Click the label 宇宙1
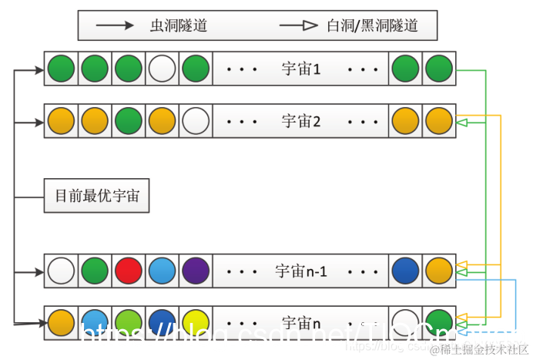[x=301, y=69]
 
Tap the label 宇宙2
[x=301, y=121]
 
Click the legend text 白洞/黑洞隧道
[x=372, y=25]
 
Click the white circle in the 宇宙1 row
[x=163, y=69]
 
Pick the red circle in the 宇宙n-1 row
[x=129, y=271]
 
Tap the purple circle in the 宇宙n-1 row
[x=196, y=271]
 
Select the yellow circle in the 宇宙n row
[x=196, y=320]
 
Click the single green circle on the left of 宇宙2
[x=129, y=121]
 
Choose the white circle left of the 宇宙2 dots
[x=196, y=121]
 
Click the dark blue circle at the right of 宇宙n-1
[x=405, y=271]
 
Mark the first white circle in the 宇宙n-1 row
[x=61, y=271]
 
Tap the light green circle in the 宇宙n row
[x=129, y=320]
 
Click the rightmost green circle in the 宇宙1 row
[x=439, y=69]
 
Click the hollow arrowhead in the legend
[x=310, y=25]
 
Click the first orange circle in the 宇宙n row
[x=61, y=320]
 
